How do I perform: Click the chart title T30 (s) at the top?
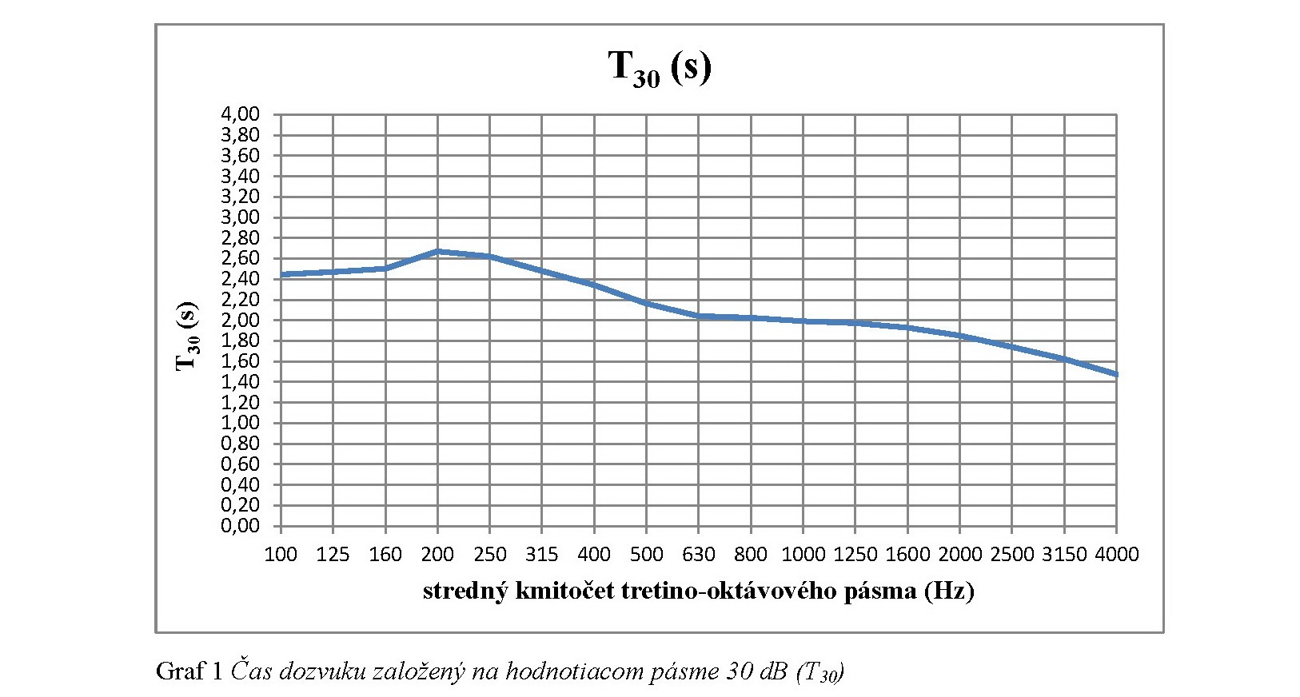660,67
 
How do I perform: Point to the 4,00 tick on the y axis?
240,114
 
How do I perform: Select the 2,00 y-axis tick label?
240,320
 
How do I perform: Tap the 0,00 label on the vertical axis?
240,526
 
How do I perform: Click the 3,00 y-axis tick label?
240,217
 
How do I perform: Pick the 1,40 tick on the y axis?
240,382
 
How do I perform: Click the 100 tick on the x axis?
281,554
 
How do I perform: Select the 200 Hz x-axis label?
437,554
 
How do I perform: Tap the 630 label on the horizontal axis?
699,554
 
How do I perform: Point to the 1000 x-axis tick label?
803,554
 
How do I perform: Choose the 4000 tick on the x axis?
1115,554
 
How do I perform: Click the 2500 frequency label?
1011,554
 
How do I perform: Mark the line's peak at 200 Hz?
438,252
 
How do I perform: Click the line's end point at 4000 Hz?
1115,374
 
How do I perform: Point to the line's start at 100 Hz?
281,274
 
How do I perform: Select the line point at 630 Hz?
699,317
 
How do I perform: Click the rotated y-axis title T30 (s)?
186,336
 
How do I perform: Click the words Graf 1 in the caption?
189,670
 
